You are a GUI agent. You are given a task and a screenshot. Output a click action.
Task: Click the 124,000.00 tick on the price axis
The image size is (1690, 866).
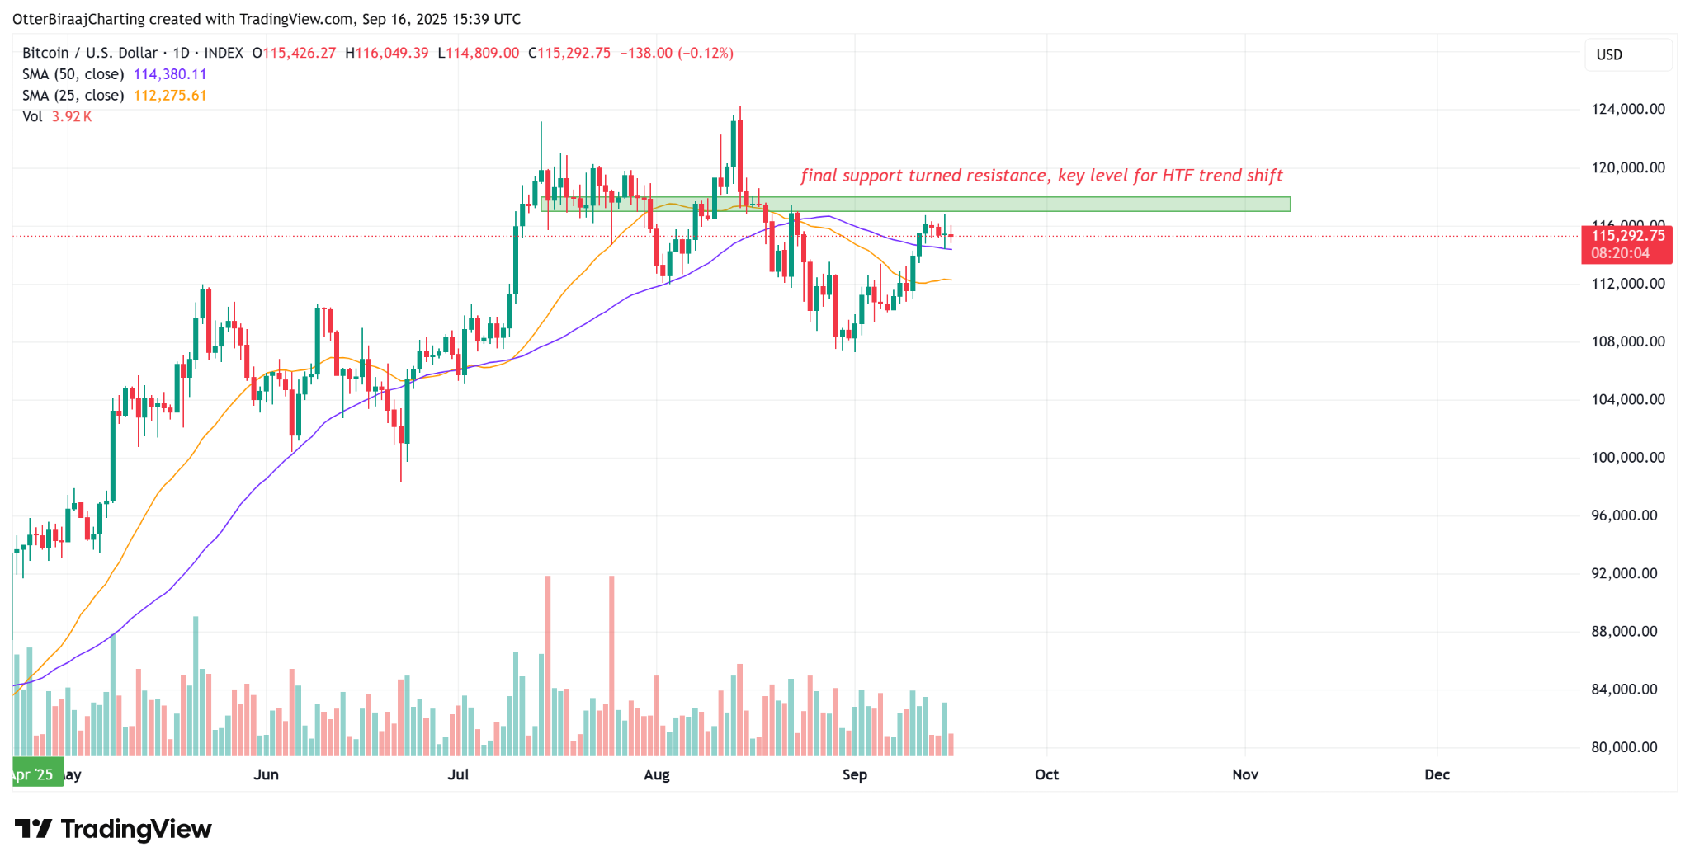pos(1627,109)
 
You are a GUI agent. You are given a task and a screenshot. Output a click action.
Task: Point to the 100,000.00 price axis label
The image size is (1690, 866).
pos(1627,457)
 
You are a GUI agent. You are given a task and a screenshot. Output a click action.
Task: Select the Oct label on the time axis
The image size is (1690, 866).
pos(1046,774)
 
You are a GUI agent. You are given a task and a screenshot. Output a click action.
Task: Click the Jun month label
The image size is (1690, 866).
pos(266,774)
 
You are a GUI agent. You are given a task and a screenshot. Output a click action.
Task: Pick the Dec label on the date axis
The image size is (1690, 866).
pos(1437,774)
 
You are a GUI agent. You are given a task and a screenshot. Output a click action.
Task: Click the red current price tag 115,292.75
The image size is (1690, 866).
pos(1626,236)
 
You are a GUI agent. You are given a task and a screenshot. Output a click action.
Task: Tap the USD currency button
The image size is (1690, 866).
pos(1609,54)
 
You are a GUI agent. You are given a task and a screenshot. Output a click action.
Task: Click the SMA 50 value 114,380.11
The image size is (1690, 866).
pos(170,74)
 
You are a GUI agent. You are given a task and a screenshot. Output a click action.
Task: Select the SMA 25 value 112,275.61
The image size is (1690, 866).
pos(170,96)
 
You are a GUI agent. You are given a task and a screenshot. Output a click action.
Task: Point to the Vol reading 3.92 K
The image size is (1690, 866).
pos(72,117)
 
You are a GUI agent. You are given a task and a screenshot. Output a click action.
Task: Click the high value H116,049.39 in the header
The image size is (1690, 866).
pos(387,53)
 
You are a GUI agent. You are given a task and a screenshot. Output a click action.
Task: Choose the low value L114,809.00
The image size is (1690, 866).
pos(479,53)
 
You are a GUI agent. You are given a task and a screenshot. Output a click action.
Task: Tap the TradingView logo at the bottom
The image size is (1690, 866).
pos(113,829)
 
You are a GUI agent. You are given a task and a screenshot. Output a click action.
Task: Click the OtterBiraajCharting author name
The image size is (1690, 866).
pos(78,19)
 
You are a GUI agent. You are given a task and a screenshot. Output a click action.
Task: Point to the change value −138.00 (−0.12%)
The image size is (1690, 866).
pos(676,53)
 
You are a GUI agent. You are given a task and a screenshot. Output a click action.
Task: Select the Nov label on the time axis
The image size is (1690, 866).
pos(1244,774)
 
